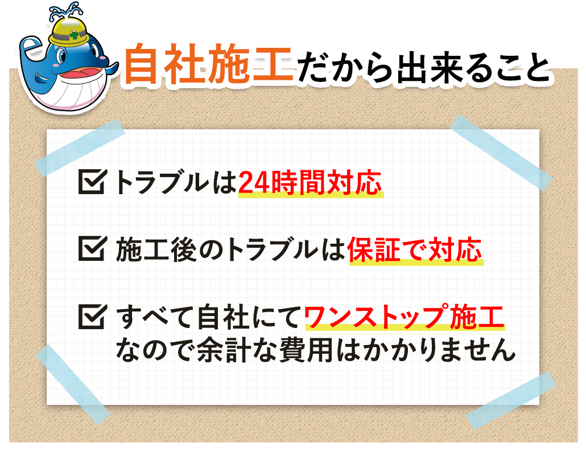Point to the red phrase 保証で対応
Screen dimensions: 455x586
[x=415, y=250]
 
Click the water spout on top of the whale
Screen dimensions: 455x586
[x=64, y=10]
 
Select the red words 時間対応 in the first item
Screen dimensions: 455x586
[x=330, y=183]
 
